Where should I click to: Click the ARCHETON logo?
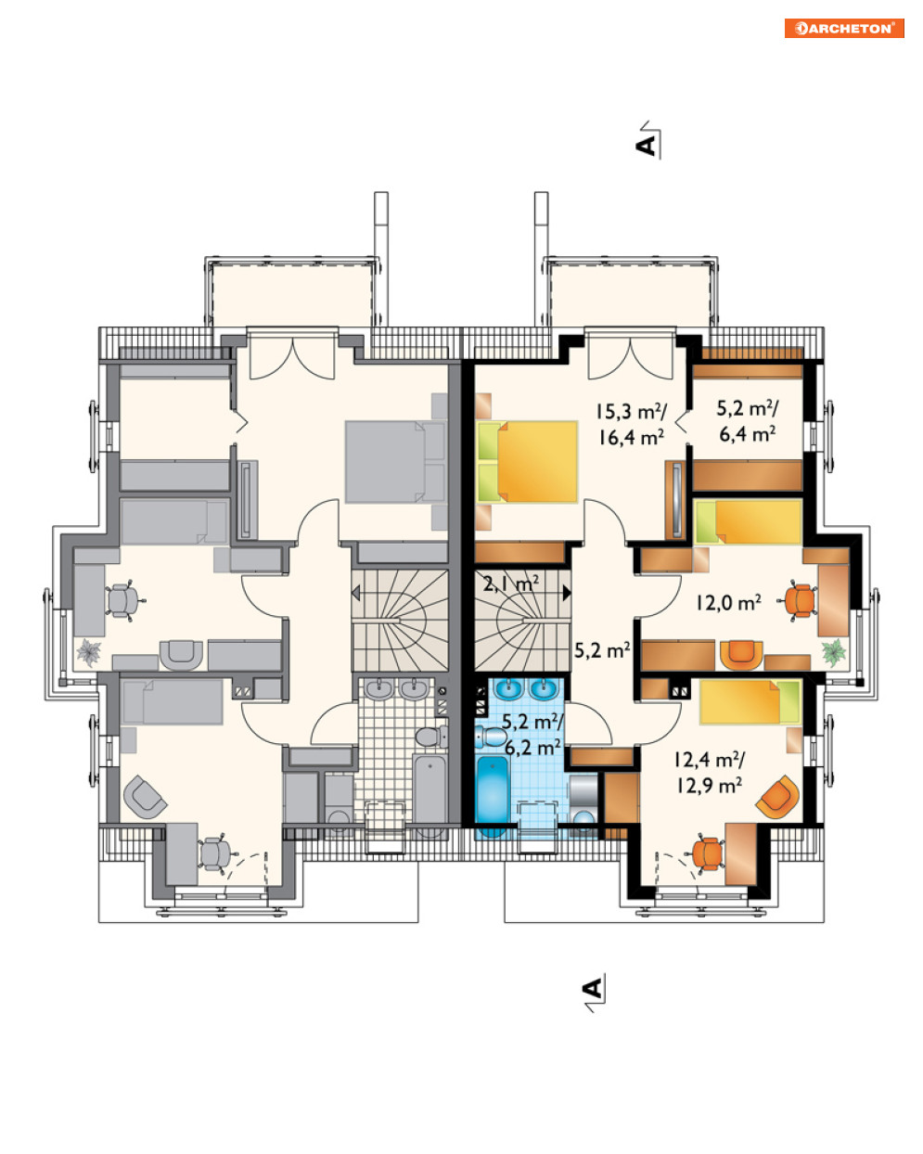pyautogui.click(x=843, y=28)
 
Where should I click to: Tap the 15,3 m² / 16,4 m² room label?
pyautogui.click(x=631, y=424)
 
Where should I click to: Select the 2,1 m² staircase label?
pyautogui.click(x=510, y=583)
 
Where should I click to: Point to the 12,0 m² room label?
pyautogui.click(x=728, y=603)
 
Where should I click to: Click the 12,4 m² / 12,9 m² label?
pyautogui.click(x=709, y=773)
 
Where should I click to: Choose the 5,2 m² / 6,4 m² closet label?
pyautogui.click(x=747, y=421)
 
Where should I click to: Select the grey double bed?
pyautogui.click(x=395, y=461)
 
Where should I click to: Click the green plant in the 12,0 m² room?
pyautogui.click(x=834, y=653)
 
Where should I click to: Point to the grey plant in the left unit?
pyautogui.click(x=88, y=653)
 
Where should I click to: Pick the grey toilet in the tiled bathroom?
pyautogui.click(x=431, y=737)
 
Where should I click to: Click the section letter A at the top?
pyautogui.click(x=647, y=146)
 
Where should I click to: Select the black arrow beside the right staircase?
pyautogui.click(x=567, y=593)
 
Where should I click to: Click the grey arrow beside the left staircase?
pyautogui.click(x=355, y=594)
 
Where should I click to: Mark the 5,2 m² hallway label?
pyautogui.click(x=602, y=650)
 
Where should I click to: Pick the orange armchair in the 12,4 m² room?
pyautogui.click(x=777, y=797)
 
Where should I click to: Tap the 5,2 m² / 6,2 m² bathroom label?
pyautogui.click(x=532, y=734)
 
